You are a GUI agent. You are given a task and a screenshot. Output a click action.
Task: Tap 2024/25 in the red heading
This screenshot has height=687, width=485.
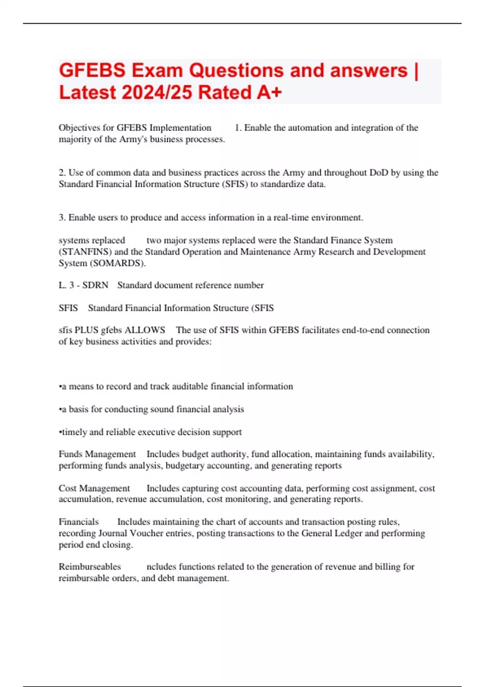coord(157,93)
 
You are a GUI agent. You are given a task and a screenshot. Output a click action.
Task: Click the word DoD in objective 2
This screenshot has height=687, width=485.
coord(379,173)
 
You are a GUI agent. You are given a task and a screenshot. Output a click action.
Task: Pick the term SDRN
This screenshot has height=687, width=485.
coord(95,285)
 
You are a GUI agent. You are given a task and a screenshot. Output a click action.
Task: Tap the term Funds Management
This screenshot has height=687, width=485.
coord(97,454)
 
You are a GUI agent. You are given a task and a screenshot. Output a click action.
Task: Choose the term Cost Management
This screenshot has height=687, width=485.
coord(94,488)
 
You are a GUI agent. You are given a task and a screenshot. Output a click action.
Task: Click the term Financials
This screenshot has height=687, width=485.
coord(78,522)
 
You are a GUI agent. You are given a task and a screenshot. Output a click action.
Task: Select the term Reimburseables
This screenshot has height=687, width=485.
coord(90,567)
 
